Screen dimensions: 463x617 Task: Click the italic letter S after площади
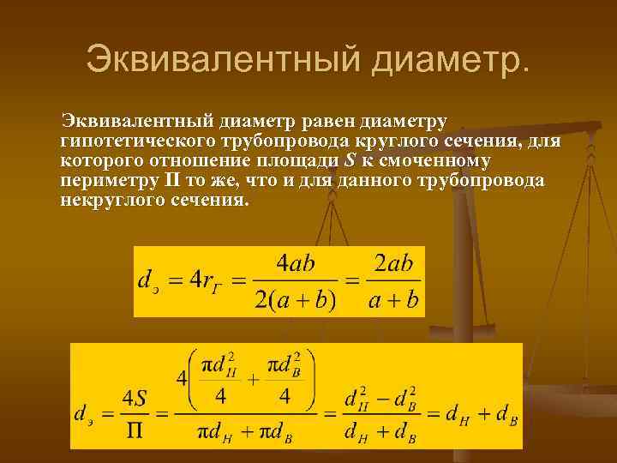(350, 160)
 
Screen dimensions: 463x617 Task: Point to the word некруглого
(109, 201)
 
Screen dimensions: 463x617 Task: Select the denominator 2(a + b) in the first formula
(296, 299)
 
